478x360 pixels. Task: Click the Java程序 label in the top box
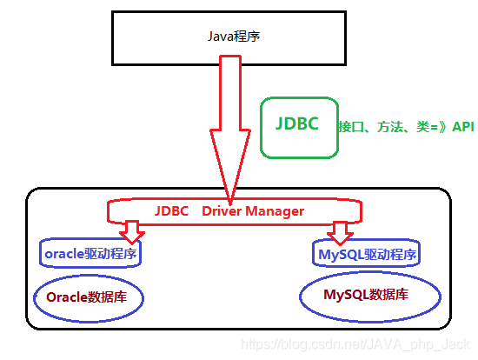pos(233,37)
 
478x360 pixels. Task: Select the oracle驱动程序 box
pos(91,254)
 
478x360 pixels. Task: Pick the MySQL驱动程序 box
pos(366,255)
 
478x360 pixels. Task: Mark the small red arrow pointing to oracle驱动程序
pos(132,231)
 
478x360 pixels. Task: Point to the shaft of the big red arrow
pos(229,96)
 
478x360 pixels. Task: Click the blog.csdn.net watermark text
pos(356,346)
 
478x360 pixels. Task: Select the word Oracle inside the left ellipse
pos(67,297)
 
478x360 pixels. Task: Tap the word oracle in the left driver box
pos(63,254)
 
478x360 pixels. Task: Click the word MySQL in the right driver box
pos(337,255)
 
